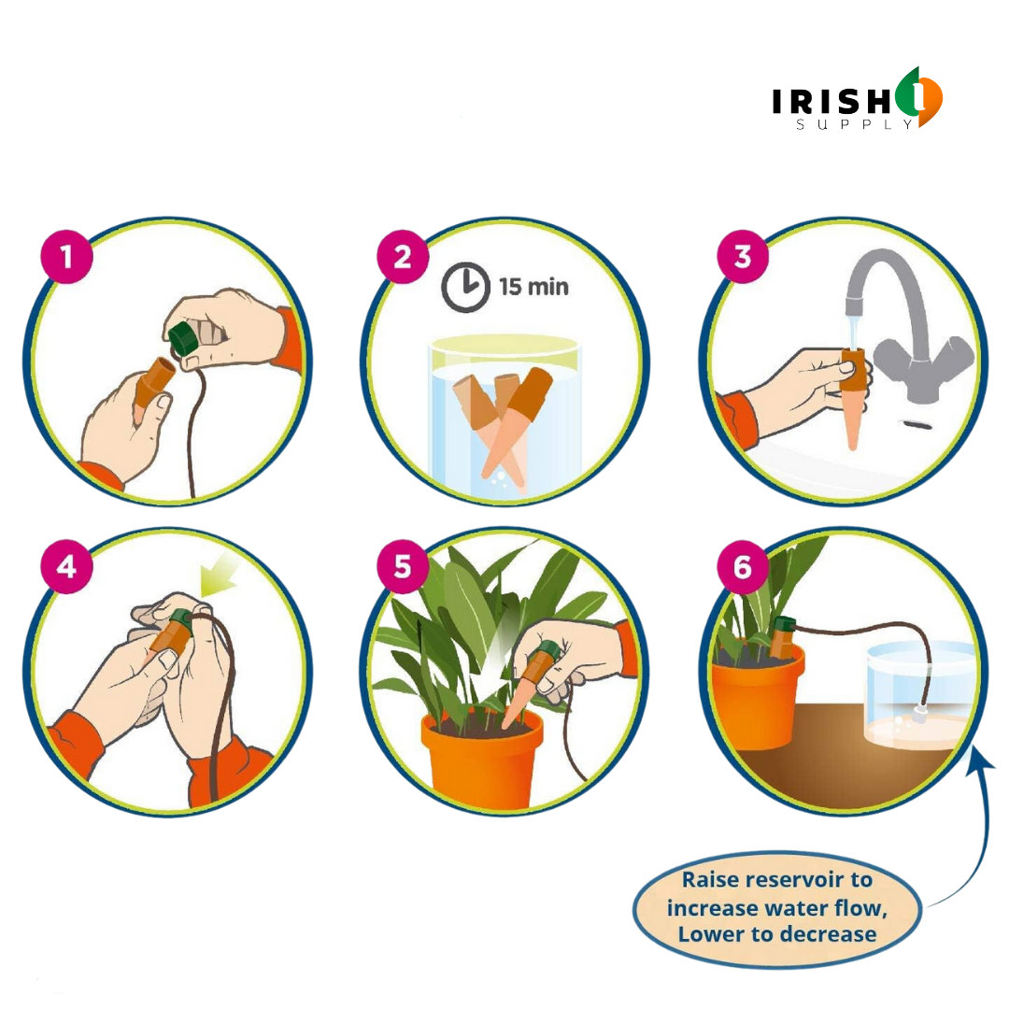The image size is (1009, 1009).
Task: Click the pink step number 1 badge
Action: click(65, 256)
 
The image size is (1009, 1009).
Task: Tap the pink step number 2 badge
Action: click(403, 256)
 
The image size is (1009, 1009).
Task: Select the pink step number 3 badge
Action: click(743, 256)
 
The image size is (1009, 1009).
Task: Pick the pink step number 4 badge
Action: click(65, 565)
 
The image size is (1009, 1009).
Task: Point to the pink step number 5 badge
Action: click(403, 565)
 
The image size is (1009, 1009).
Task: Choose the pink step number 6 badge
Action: click(743, 565)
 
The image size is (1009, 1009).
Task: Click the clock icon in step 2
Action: click(465, 287)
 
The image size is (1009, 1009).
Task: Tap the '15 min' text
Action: click(533, 286)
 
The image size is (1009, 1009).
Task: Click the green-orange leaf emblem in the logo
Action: click(918, 97)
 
